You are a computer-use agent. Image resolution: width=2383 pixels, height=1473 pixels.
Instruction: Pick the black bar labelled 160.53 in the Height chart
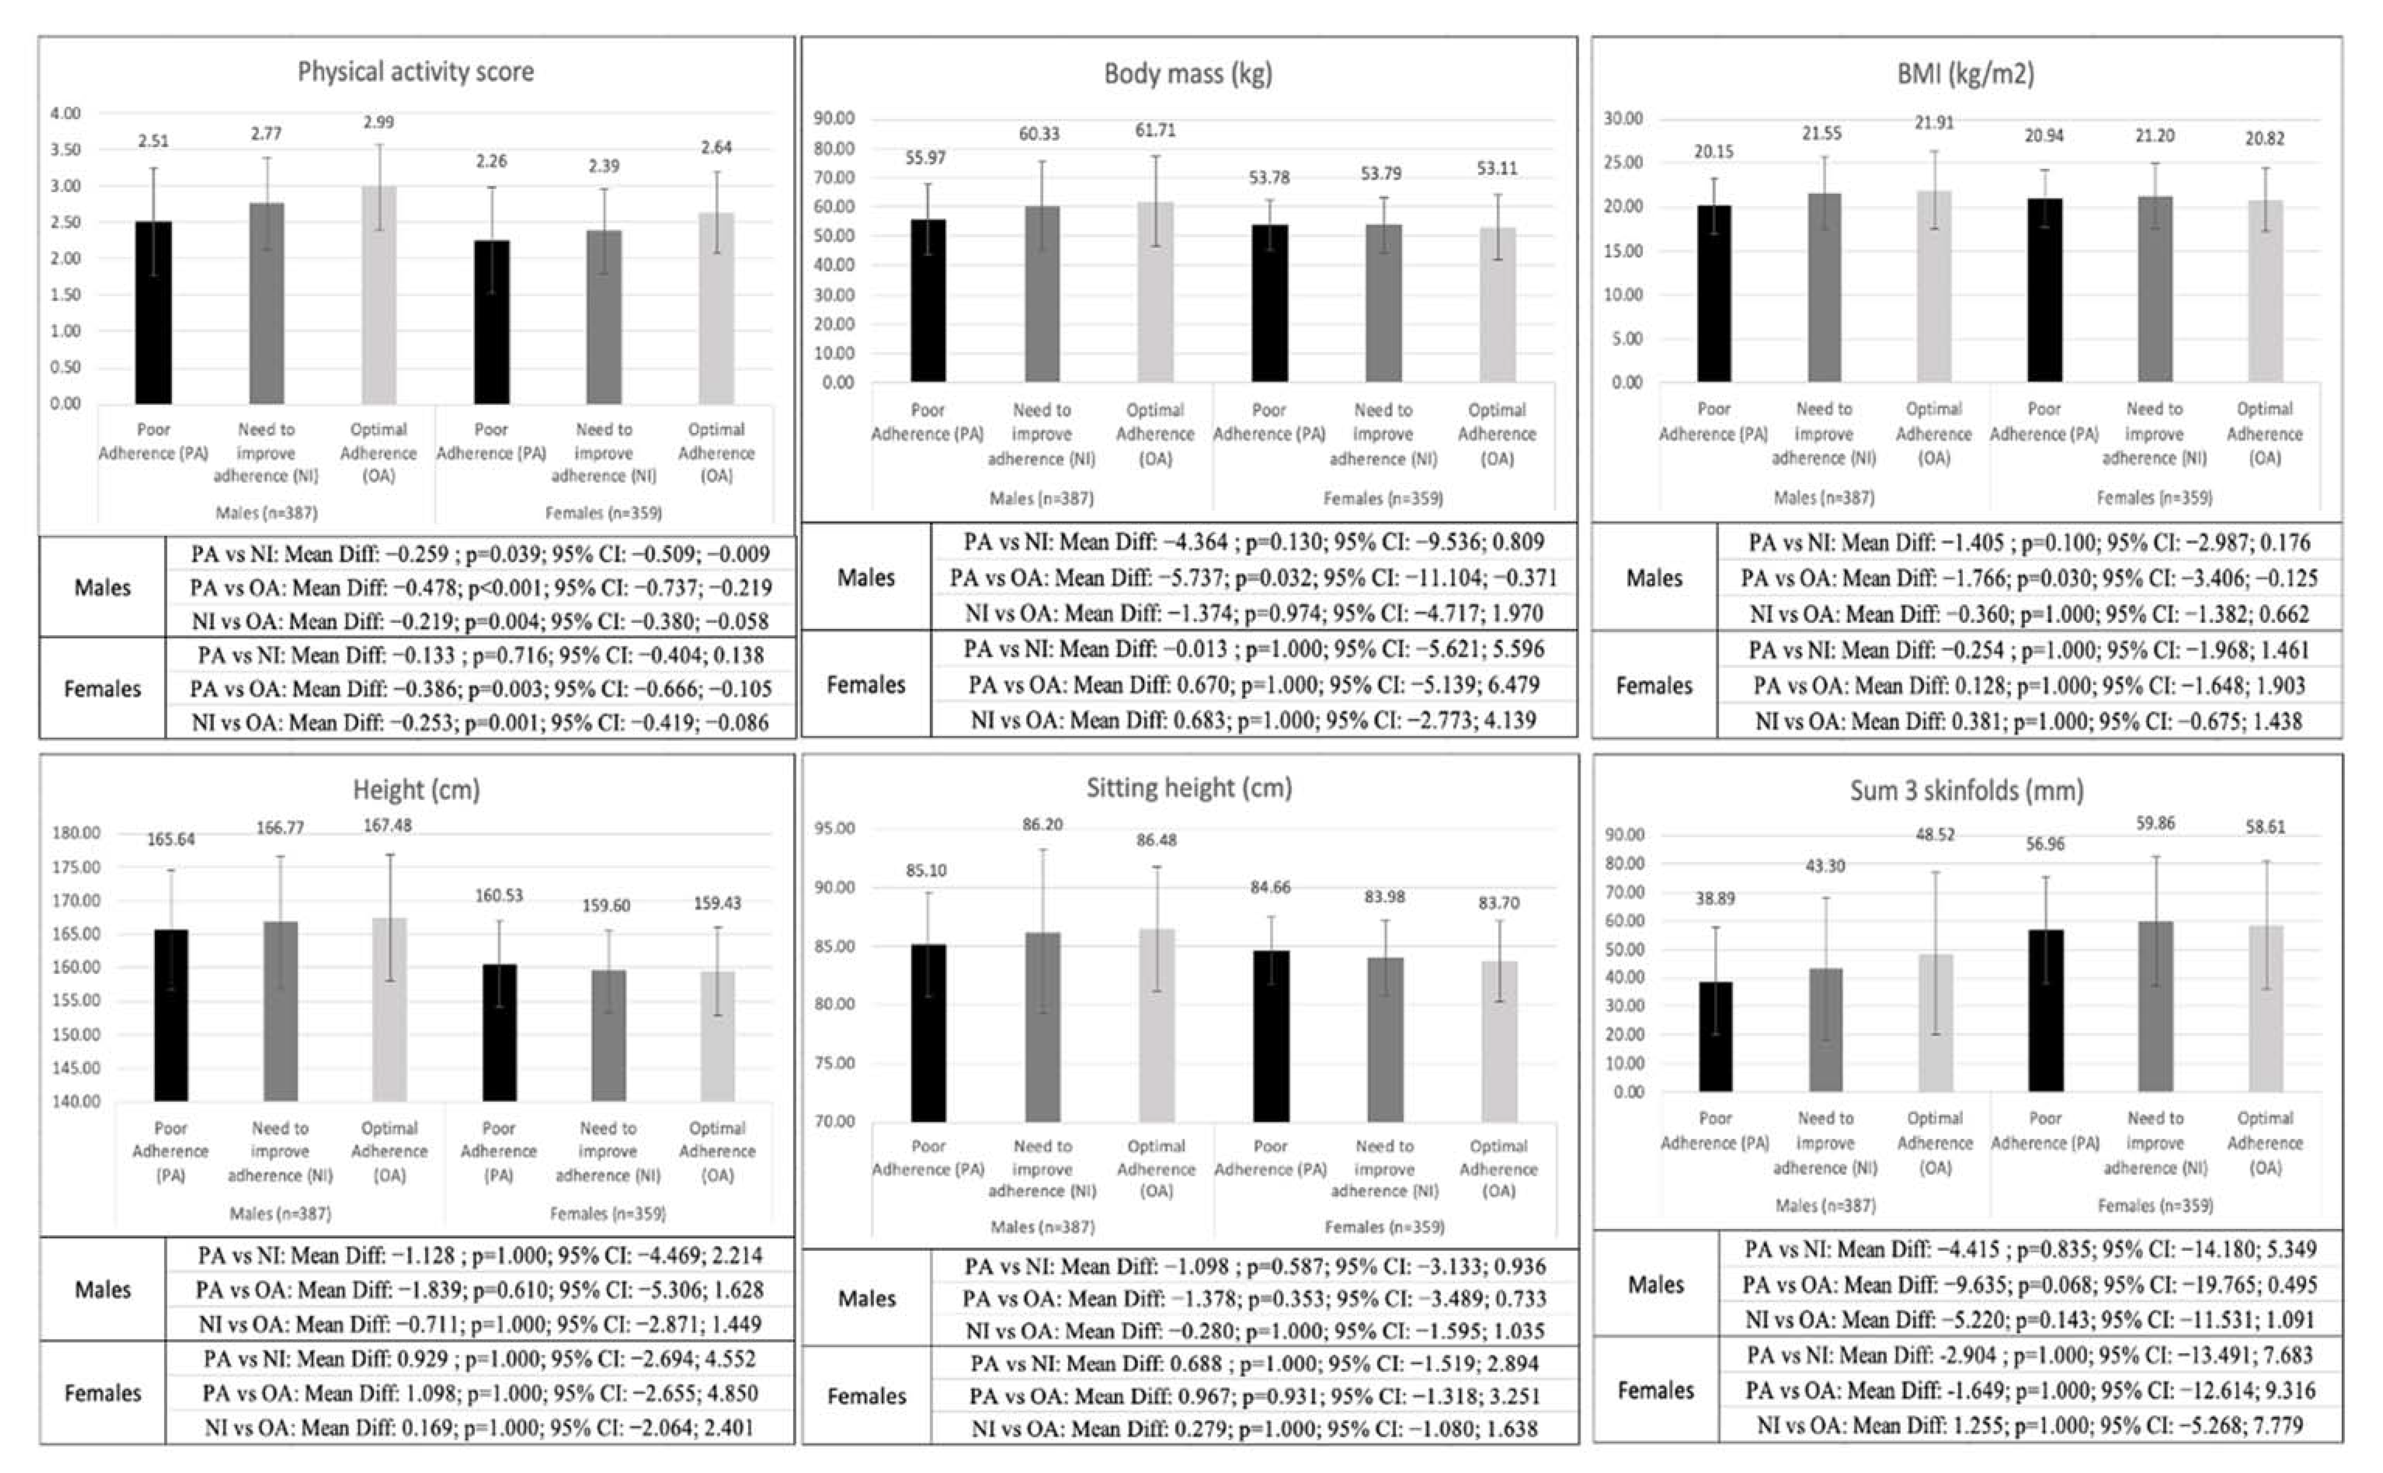point(499,1033)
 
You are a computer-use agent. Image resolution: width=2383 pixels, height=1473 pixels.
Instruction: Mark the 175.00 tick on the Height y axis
point(76,867)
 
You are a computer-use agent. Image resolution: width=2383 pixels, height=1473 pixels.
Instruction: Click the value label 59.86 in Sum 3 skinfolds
point(2155,823)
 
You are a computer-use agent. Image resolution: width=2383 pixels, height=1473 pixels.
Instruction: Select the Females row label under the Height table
point(102,1393)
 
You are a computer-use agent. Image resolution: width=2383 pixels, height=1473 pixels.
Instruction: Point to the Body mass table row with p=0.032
point(1253,578)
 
